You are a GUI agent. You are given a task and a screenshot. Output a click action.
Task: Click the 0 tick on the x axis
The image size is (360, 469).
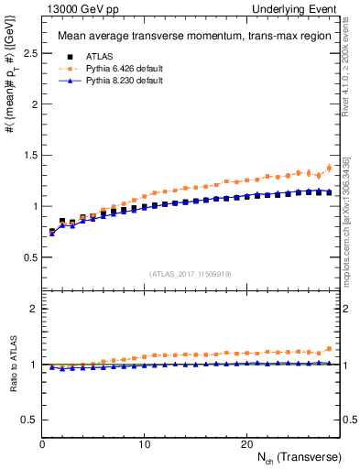click(x=42, y=443)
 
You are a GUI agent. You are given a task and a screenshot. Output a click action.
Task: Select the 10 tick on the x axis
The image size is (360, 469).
click(x=145, y=443)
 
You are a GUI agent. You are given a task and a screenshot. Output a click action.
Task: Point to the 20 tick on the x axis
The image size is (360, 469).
click(x=246, y=443)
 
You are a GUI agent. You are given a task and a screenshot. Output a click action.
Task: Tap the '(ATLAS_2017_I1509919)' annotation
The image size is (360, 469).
click(x=189, y=273)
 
